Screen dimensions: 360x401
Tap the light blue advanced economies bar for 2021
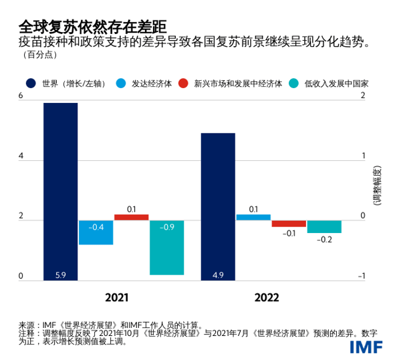tap(96, 232)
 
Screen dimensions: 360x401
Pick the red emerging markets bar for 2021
tap(131, 217)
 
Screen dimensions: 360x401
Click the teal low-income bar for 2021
tap(166, 247)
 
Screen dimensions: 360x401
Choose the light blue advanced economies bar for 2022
tap(253, 217)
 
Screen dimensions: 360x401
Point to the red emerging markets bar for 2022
tap(289, 223)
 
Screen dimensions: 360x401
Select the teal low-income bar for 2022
tap(324, 226)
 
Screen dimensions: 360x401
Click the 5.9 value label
tap(60, 274)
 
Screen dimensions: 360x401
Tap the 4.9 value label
tap(218, 274)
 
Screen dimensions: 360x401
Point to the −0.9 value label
tap(166, 227)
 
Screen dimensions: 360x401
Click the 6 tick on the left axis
tap(21, 96)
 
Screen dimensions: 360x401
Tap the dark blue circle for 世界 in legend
tap(31, 83)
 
